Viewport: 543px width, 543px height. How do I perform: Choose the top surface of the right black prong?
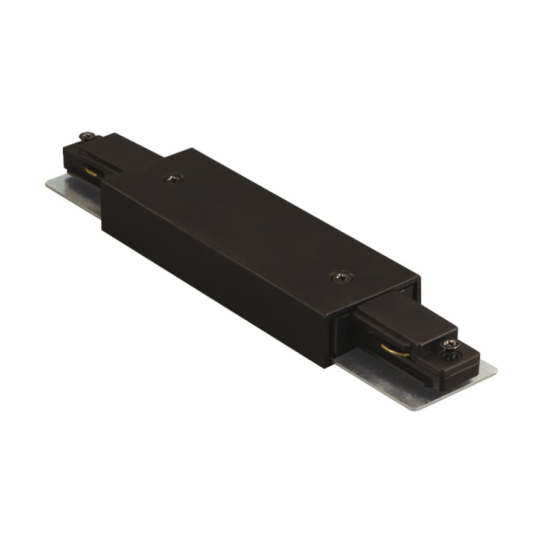click(398, 317)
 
